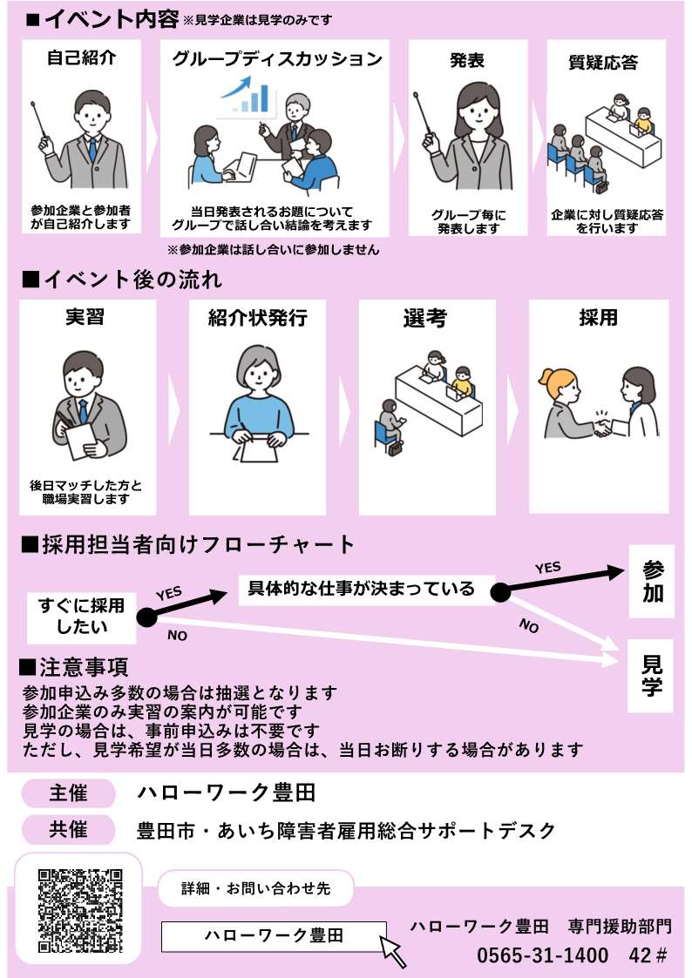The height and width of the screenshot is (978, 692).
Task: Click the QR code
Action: click(80, 911)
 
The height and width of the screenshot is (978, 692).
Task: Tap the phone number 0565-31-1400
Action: click(542, 955)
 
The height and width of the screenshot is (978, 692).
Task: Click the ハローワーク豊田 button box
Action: click(274, 936)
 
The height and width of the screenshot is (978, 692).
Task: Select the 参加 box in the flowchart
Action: click(652, 581)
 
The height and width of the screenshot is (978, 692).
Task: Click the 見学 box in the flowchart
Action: click(651, 676)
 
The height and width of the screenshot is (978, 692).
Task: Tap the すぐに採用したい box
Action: click(81, 617)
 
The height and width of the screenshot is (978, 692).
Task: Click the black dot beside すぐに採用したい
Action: click(147, 617)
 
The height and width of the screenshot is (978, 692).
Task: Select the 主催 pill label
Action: click(69, 793)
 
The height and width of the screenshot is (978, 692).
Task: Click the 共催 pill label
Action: click(69, 830)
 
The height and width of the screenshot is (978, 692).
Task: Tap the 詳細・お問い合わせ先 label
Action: click(256, 888)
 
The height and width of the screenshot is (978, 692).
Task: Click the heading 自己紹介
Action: click(82, 58)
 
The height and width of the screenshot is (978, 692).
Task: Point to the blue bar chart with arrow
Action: click(248, 97)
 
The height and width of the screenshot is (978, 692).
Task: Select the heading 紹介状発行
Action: click(257, 318)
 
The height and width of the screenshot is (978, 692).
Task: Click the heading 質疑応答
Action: click(603, 63)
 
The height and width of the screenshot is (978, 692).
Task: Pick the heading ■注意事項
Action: click(74, 667)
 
